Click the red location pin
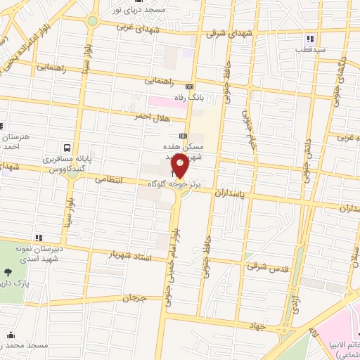pyautogui.click(x=180, y=165)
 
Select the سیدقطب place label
pyautogui.click(x=310, y=51)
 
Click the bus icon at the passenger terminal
pyautogui.click(x=66, y=148)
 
